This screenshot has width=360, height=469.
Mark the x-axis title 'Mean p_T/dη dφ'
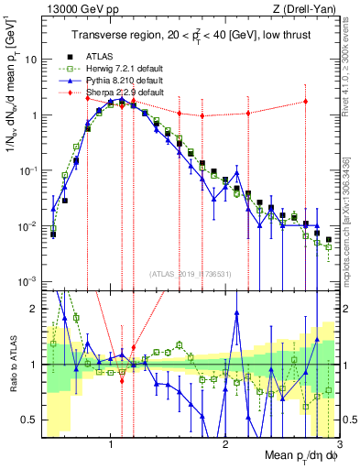[x=294, y=458]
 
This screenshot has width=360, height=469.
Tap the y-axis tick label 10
[x=29, y=60]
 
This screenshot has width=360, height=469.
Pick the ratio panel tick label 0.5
[x=28, y=420]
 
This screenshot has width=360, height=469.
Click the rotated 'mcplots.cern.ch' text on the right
[x=352, y=211]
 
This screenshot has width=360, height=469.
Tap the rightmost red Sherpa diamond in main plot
[x=306, y=102]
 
